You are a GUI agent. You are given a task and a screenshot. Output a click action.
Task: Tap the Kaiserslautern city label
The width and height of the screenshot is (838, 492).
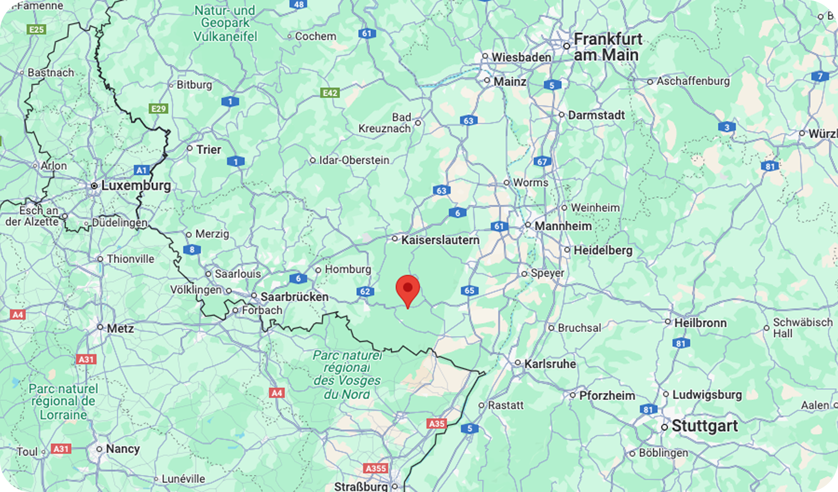(440, 240)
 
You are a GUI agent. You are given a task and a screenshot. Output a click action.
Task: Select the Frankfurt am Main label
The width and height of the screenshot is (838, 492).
(608, 47)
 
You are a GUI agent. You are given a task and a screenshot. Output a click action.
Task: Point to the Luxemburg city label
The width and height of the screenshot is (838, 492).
(136, 186)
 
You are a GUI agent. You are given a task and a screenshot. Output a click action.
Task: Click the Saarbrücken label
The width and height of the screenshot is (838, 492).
(294, 297)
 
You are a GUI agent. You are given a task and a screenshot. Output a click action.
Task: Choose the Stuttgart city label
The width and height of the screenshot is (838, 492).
(705, 426)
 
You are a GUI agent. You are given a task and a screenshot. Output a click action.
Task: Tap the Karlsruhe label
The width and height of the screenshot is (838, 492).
(550, 364)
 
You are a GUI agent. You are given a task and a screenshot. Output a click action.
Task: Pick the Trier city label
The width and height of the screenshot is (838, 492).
(209, 150)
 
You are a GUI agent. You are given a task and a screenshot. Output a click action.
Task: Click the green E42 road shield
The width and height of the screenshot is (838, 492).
(330, 93)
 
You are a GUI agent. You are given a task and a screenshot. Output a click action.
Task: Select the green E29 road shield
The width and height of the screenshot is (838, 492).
(159, 109)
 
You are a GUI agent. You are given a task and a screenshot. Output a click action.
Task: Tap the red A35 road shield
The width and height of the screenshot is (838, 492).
(437, 424)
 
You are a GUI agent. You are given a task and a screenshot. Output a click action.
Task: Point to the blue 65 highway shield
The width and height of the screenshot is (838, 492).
(469, 291)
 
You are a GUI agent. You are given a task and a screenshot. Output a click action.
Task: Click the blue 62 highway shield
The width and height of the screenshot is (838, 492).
(365, 292)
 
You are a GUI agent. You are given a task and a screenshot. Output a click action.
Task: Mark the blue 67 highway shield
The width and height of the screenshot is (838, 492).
(542, 162)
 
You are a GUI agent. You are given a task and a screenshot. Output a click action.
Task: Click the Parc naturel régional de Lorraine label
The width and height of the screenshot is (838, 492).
(63, 402)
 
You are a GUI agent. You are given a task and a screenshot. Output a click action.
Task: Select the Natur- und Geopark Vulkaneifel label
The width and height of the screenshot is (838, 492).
(226, 23)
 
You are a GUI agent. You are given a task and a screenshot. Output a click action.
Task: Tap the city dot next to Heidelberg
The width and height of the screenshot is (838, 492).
(567, 250)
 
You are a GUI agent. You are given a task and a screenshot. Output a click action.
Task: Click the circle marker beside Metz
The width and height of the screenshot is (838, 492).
(100, 327)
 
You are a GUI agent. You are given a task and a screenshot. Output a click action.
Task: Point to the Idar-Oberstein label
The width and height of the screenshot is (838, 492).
(354, 160)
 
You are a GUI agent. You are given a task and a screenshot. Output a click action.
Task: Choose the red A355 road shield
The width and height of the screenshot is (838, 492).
(376, 468)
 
